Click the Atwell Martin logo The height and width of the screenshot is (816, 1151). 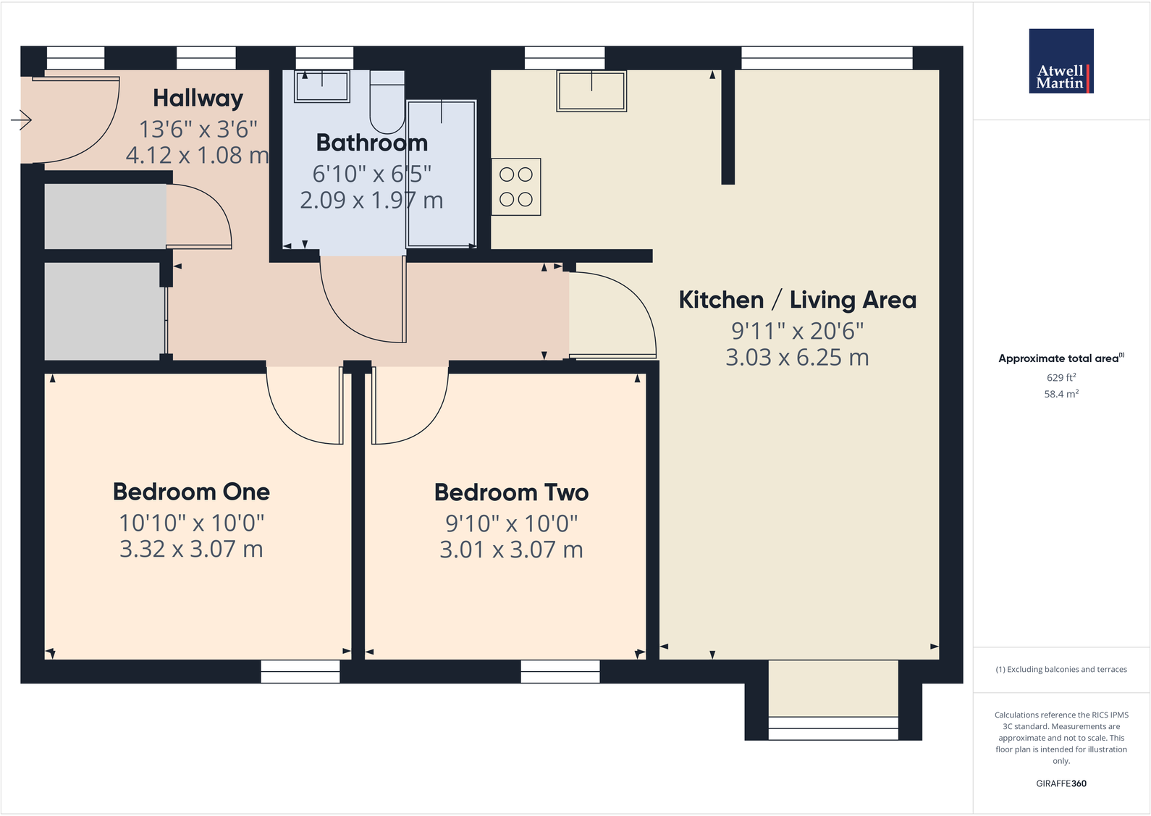1061,61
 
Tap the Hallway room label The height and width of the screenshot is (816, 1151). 198,98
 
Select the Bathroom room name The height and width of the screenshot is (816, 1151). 371,143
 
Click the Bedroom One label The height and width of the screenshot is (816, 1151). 191,492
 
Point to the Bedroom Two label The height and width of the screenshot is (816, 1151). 511,492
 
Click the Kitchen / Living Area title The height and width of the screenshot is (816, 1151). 797,300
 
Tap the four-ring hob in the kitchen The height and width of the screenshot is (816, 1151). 516,187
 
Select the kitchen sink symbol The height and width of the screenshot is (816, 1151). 591,91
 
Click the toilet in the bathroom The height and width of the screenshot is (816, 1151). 387,101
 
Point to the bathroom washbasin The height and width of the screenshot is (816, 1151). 322,86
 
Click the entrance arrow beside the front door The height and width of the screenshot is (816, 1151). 22,120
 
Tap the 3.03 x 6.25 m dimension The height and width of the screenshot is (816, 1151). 797,358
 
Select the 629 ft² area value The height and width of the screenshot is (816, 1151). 1061,377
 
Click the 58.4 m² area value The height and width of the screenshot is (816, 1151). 1061,394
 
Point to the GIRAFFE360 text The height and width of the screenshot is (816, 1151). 1061,783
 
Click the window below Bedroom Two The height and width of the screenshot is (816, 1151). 560,671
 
